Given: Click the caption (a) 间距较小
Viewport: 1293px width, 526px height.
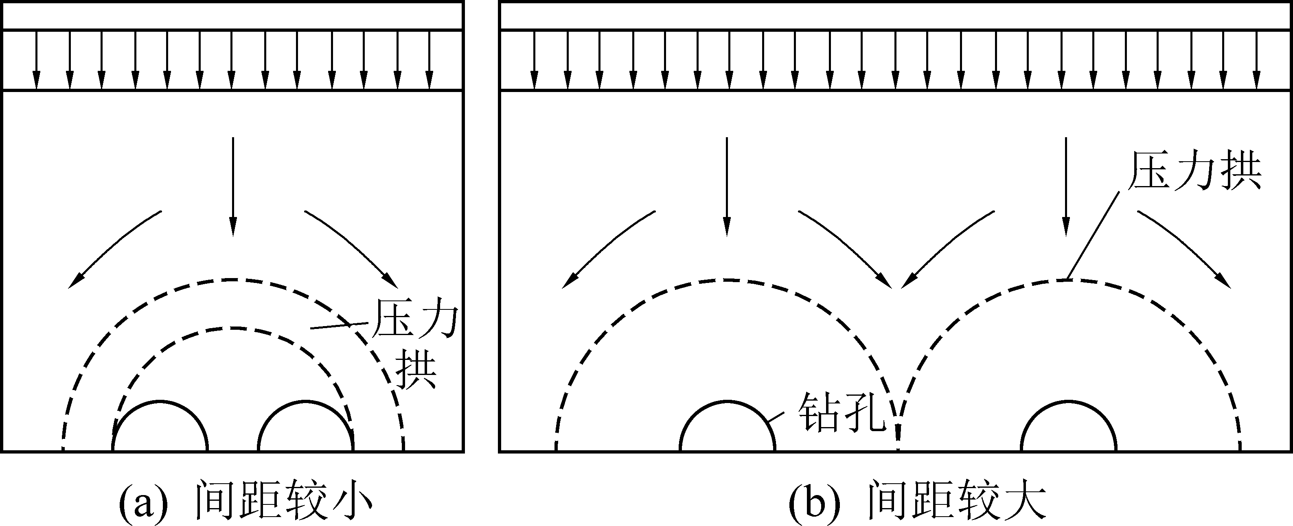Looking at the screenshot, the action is (245, 500).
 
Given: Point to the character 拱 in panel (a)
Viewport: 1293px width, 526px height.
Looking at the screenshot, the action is (416, 371).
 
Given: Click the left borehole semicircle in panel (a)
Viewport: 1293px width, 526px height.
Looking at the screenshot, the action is (160, 401).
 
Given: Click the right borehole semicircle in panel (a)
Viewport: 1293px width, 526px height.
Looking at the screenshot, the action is (306, 401).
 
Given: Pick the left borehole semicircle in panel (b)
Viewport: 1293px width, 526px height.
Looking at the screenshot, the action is (727, 401).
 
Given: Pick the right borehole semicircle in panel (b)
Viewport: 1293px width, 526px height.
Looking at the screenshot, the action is (1069, 401).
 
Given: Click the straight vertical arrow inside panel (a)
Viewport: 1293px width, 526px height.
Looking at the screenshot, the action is (232, 186).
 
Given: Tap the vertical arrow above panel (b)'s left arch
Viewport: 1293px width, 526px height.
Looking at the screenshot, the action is (727, 186).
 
